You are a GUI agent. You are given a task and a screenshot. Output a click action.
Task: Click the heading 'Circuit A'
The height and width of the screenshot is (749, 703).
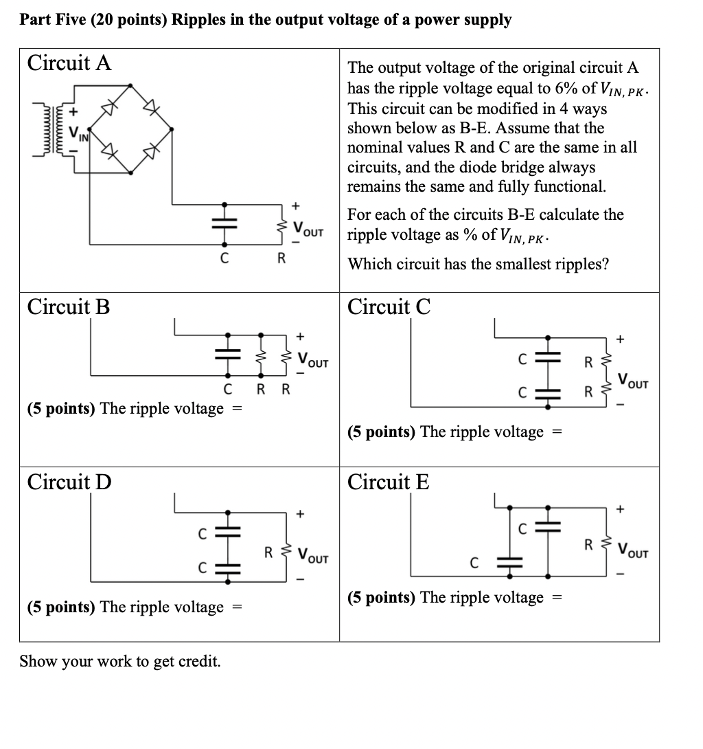point(69,63)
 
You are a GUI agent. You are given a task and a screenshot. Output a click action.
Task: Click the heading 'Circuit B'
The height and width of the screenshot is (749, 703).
point(68,306)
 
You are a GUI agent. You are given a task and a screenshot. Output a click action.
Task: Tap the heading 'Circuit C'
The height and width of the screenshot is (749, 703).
point(389,306)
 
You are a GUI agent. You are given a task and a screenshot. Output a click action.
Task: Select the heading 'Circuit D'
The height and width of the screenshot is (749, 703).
point(69,482)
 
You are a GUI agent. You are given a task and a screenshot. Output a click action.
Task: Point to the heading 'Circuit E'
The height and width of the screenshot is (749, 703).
point(389,482)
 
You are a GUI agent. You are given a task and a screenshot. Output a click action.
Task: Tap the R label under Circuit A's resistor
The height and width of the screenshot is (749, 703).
point(280,260)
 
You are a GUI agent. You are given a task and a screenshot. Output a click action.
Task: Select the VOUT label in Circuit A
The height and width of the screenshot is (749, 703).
point(308,228)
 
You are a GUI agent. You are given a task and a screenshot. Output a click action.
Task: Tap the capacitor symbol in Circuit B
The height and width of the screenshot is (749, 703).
point(227,356)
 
